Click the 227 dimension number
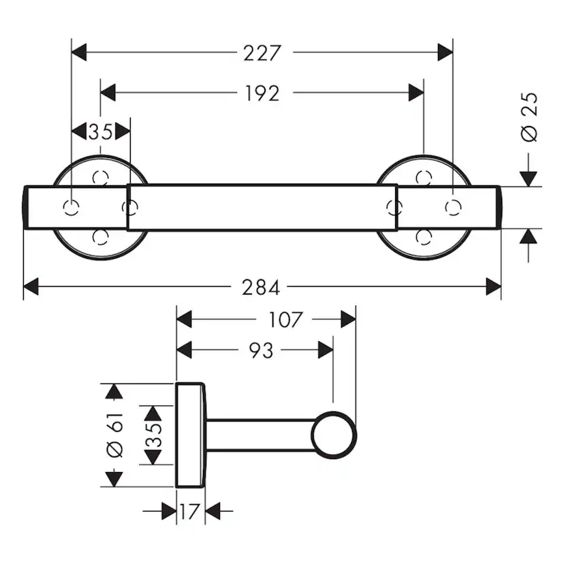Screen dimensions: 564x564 click(x=262, y=52)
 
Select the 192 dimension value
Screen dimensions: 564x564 click(x=262, y=93)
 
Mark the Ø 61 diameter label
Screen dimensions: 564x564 click(x=116, y=435)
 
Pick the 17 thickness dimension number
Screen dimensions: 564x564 click(x=191, y=511)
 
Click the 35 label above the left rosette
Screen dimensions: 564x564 click(x=100, y=131)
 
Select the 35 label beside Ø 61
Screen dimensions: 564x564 click(x=153, y=435)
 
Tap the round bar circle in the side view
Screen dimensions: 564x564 click(x=334, y=435)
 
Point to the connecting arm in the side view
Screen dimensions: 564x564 click(x=259, y=435)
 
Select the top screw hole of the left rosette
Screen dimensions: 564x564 click(x=101, y=178)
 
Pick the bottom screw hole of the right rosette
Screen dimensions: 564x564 click(x=424, y=236)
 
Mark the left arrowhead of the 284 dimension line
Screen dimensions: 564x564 click(x=31, y=288)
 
